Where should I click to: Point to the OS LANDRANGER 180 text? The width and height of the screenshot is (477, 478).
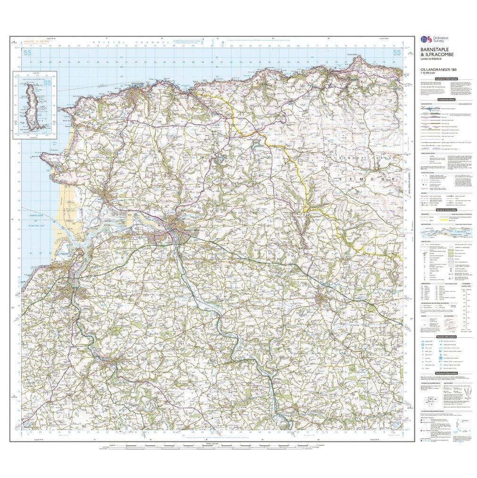pos(433,70)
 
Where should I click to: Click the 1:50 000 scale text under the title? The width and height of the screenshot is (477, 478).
pos(427,74)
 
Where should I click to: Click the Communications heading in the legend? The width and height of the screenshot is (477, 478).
pos(446,100)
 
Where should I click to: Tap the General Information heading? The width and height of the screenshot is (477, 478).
pos(446,209)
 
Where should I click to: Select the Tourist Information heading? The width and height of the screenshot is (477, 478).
pos(446,336)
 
